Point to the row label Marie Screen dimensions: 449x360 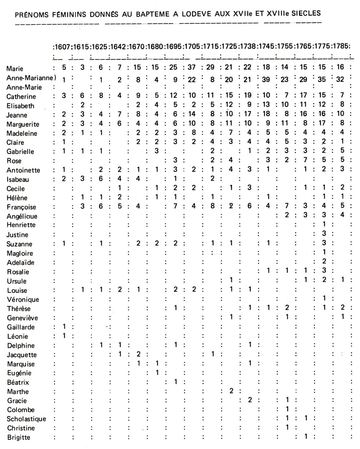15,68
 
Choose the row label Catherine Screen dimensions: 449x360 21,96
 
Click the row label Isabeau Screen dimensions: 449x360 18,180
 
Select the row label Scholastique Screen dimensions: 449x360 27,419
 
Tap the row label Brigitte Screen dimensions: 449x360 19,437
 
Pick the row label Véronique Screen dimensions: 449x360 23,299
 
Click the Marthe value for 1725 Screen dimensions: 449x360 231,391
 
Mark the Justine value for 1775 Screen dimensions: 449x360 324,234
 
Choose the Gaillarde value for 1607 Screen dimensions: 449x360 64,327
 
